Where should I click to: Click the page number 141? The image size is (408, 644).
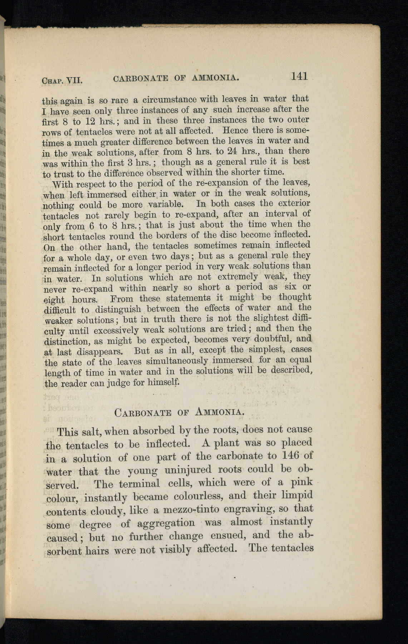[299, 76]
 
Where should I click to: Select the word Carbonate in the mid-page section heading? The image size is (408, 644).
[143, 413]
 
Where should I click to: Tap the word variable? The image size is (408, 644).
[165, 204]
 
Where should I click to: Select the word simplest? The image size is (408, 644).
[268, 349]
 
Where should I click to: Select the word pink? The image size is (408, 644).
[301, 482]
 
